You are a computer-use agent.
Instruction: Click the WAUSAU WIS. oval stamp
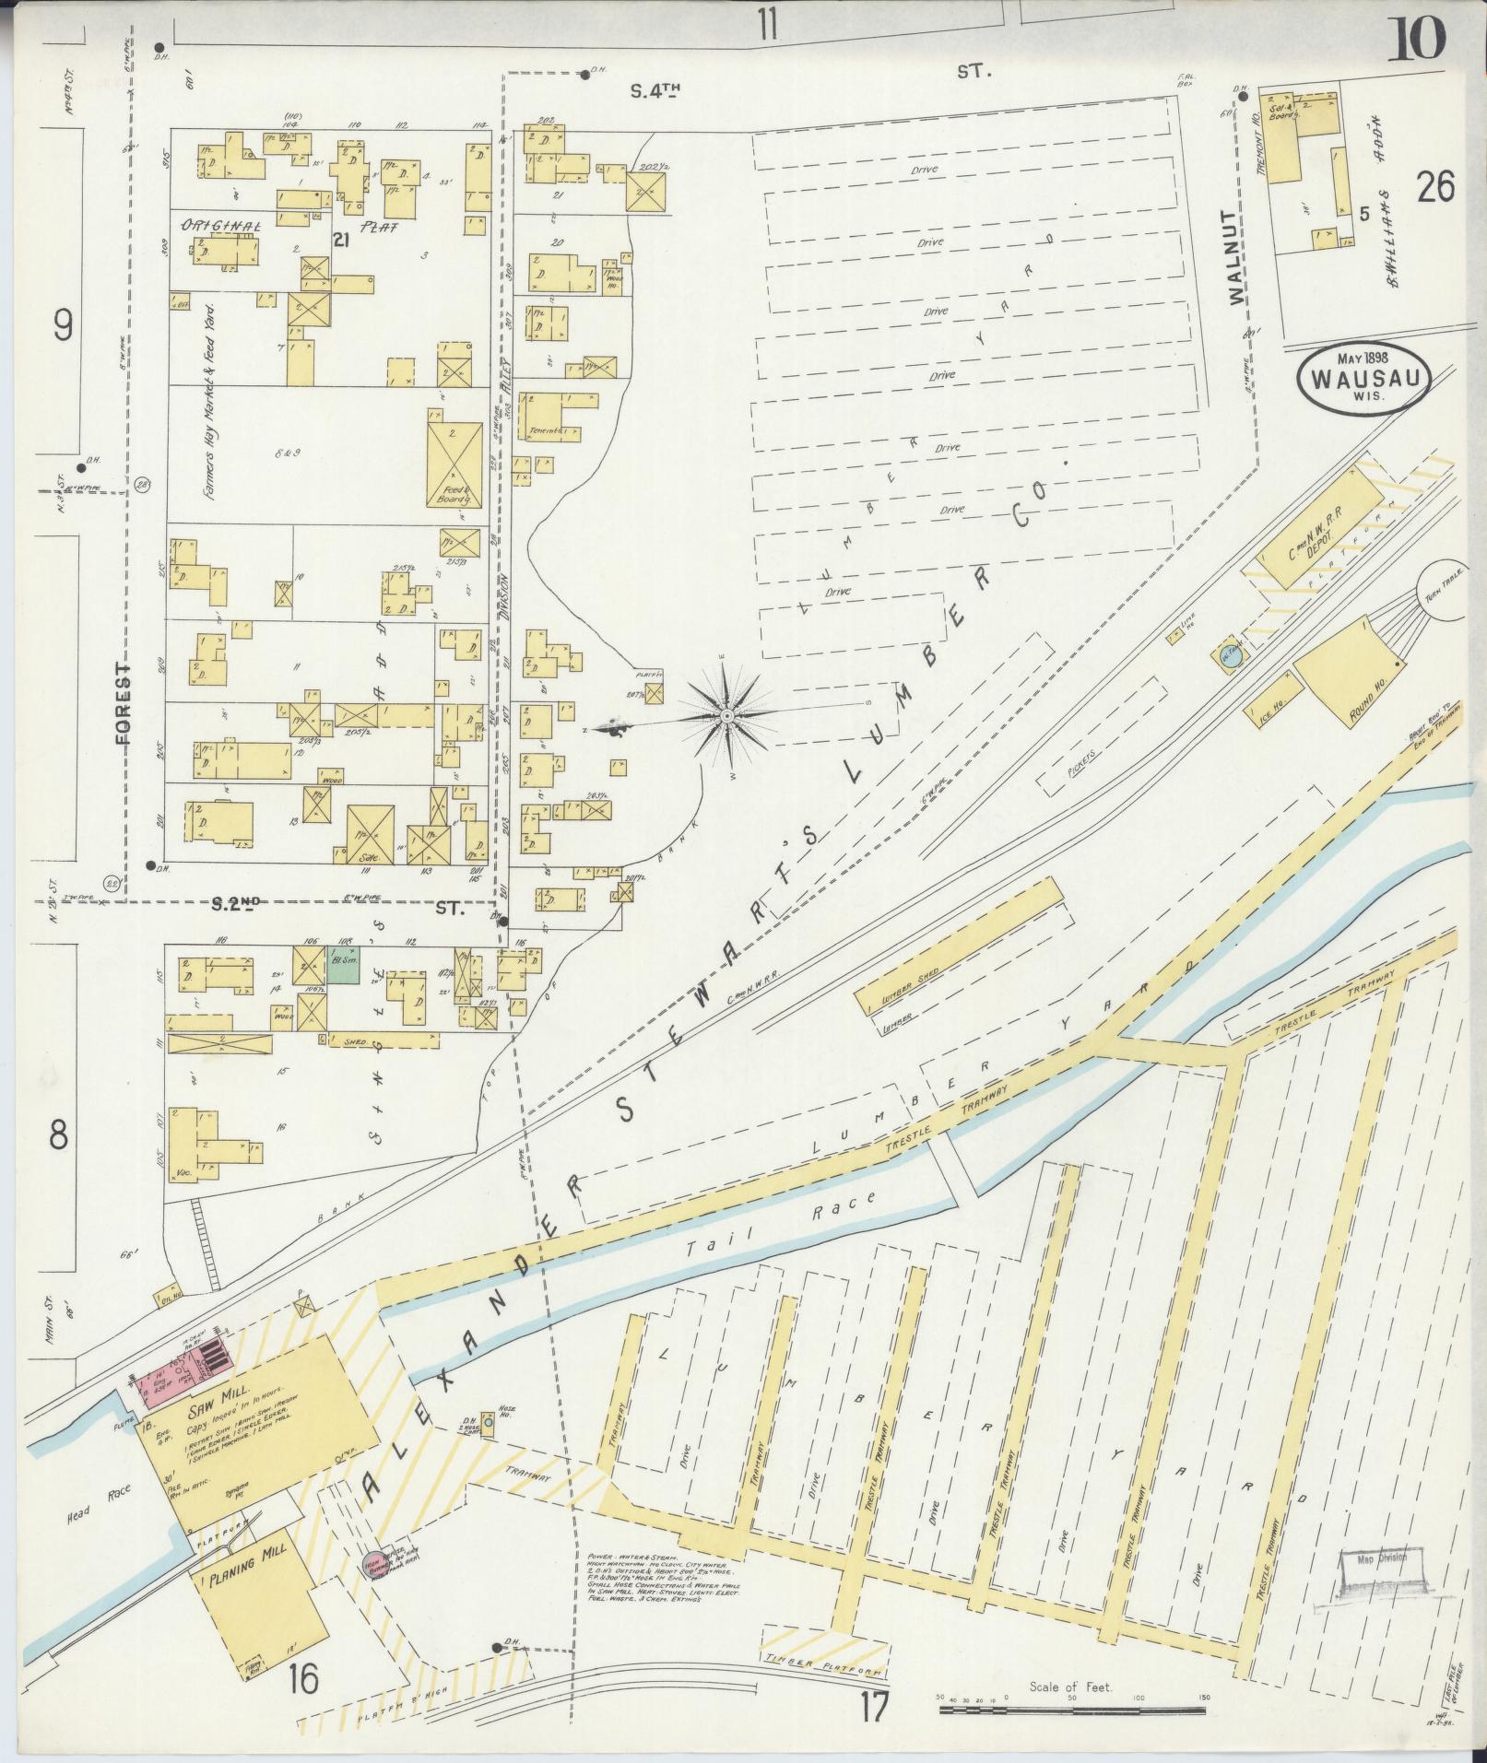(x=1363, y=381)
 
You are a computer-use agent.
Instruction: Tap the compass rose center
(x=727, y=716)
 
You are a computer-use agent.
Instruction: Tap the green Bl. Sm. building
(x=343, y=969)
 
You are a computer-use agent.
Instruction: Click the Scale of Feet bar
(x=1072, y=1710)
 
